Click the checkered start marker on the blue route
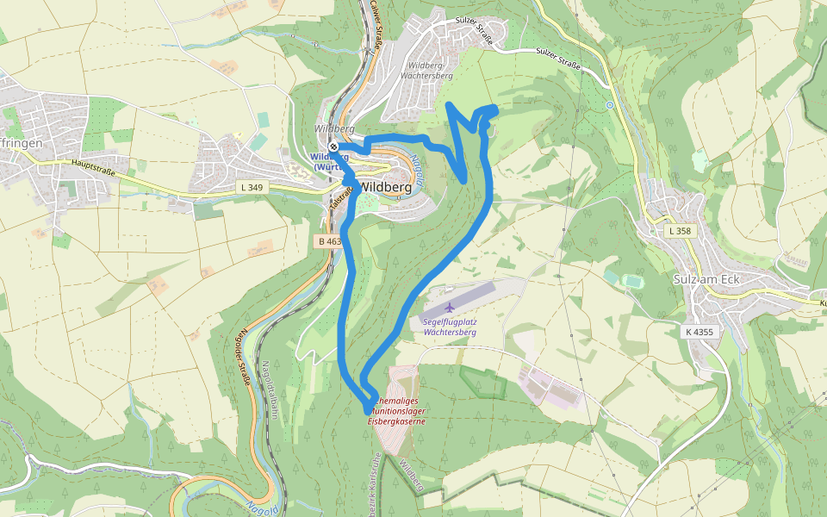tap(333, 146)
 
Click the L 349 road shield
tap(251, 187)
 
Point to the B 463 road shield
tap(327, 241)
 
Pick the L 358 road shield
tap(680, 231)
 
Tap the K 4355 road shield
tap(700, 331)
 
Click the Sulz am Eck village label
tap(706, 280)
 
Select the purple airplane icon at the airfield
tap(449, 307)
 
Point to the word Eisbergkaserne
tap(396, 421)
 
